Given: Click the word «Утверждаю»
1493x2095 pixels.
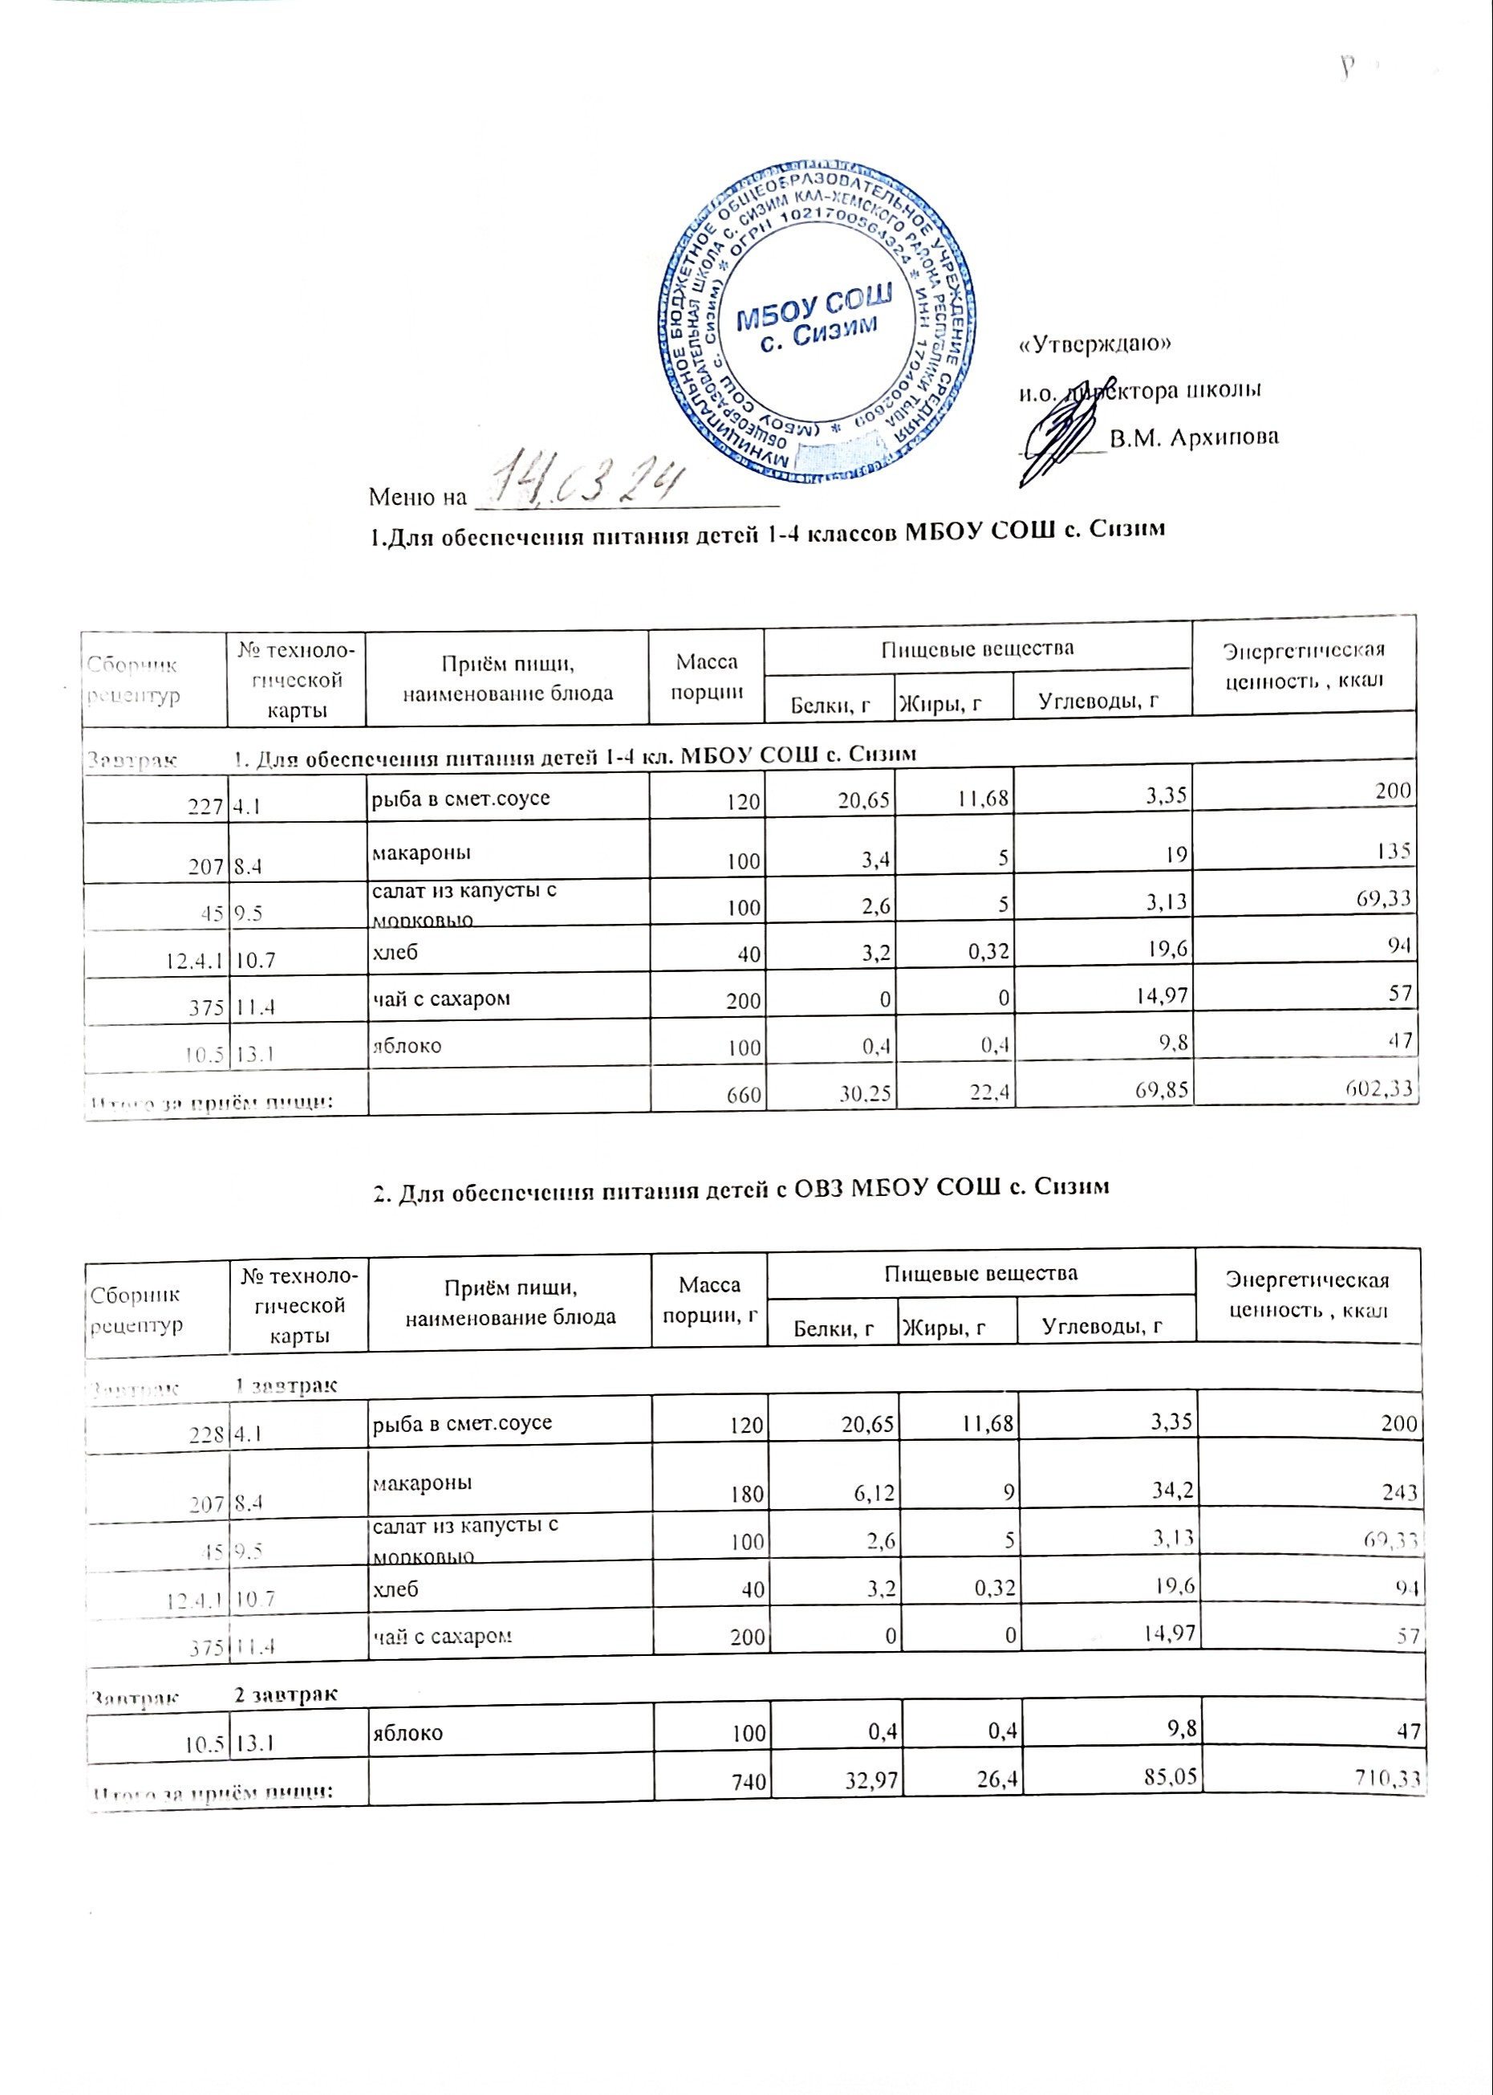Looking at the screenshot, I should (1095, 345).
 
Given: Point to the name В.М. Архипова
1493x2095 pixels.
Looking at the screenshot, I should (1193, 437).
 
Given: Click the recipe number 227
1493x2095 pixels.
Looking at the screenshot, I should (208, 807).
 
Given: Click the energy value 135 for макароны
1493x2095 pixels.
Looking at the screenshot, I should (1394, 852).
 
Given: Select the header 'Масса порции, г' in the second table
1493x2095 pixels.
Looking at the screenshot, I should (709, 1299).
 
